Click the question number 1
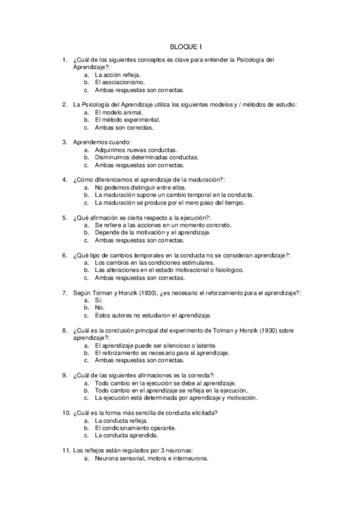[64, 60]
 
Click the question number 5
[64, 217]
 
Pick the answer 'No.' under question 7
[100, 307]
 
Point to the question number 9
[64, 375]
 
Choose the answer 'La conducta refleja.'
[121, 420]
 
